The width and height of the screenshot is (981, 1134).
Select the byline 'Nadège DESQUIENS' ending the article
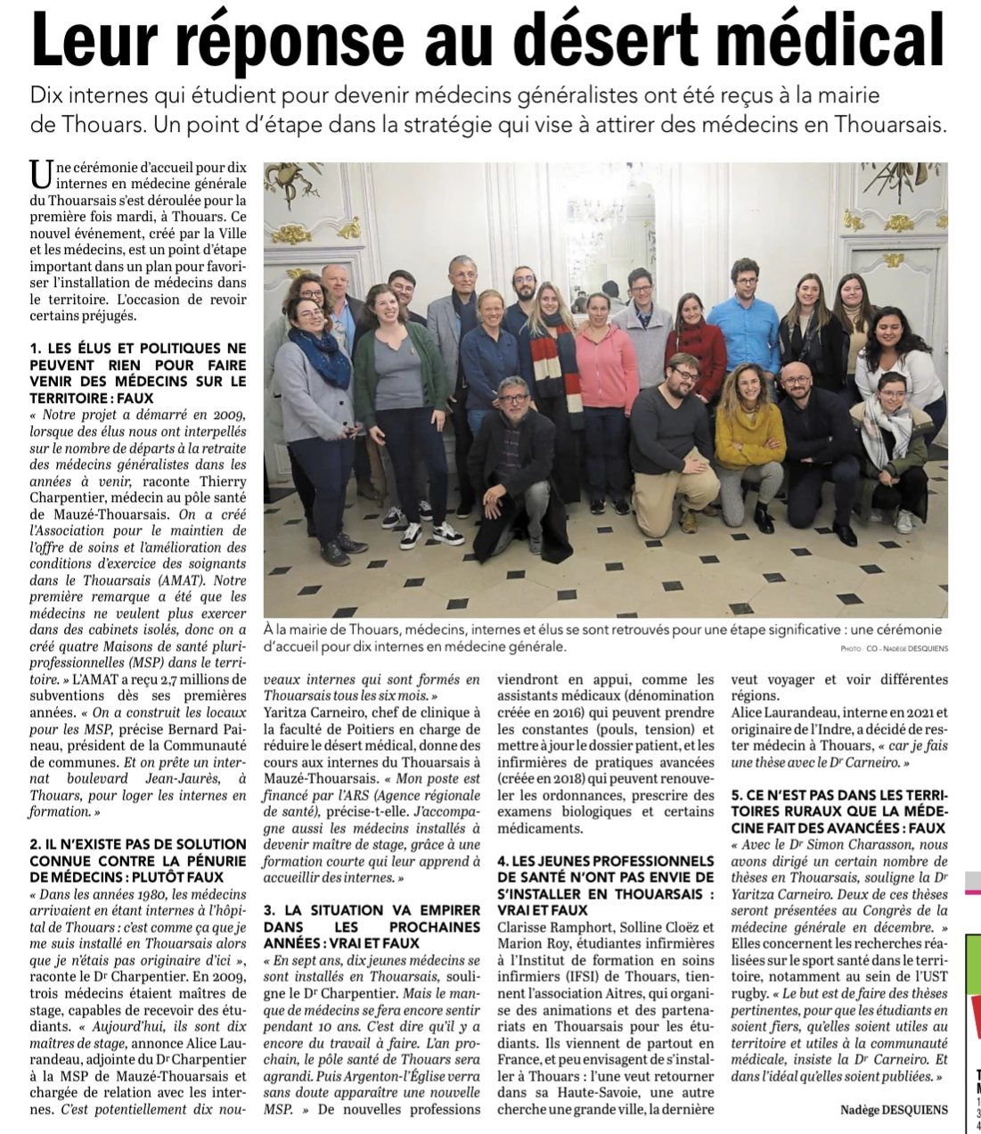894,1110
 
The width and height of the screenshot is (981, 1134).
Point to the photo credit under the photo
893,648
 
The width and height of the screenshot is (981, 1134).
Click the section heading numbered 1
137,373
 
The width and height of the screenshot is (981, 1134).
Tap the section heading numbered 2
137,860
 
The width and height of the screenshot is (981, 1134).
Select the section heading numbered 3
372,926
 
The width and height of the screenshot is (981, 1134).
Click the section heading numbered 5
838,811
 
